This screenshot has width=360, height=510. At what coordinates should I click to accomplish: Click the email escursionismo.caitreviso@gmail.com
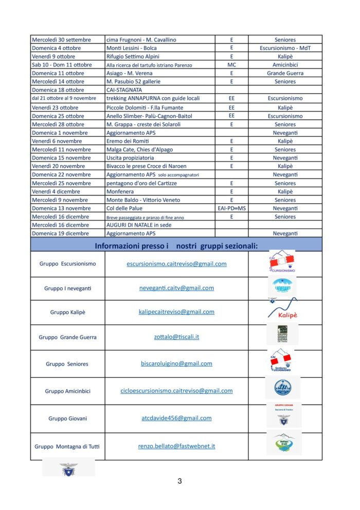pyautogui.click(x=176, y=264)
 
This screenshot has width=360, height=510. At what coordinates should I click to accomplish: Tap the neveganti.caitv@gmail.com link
pyautogui.click(x=176, y=288)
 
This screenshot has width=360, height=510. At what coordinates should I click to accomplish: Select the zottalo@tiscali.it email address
pyautogui.click(x=176, y=337)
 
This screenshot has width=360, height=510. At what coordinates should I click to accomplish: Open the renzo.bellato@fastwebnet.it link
pyautogui.click(x=176, y=446)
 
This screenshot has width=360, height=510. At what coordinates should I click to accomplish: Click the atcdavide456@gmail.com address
pyautogui.click(x=176, y=418)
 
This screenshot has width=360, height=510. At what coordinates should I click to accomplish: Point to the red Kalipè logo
pyautogui.click(x=282, y=312)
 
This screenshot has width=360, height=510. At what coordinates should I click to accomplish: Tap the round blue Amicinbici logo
pyautogui.click(x=282, y=388)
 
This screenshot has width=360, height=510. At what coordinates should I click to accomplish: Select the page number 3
pyautogui.click(x=179, y=482)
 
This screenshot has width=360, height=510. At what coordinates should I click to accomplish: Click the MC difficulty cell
pyautogui.click(x=231, y=65)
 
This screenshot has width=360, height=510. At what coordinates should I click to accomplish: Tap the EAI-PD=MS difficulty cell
pyautogui.click(x=231, y=208)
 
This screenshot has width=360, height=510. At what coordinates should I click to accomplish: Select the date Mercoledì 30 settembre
pyautogui.click(x=61, y=40)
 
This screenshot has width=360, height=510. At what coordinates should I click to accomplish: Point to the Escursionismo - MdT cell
pyautogui.click(x=285, y=48)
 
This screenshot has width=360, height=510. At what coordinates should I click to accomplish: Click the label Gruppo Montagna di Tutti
pyautogui.click(x=67, y=447)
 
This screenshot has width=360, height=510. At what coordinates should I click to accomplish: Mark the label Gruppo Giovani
pyautogui.click(x=67, y=418)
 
